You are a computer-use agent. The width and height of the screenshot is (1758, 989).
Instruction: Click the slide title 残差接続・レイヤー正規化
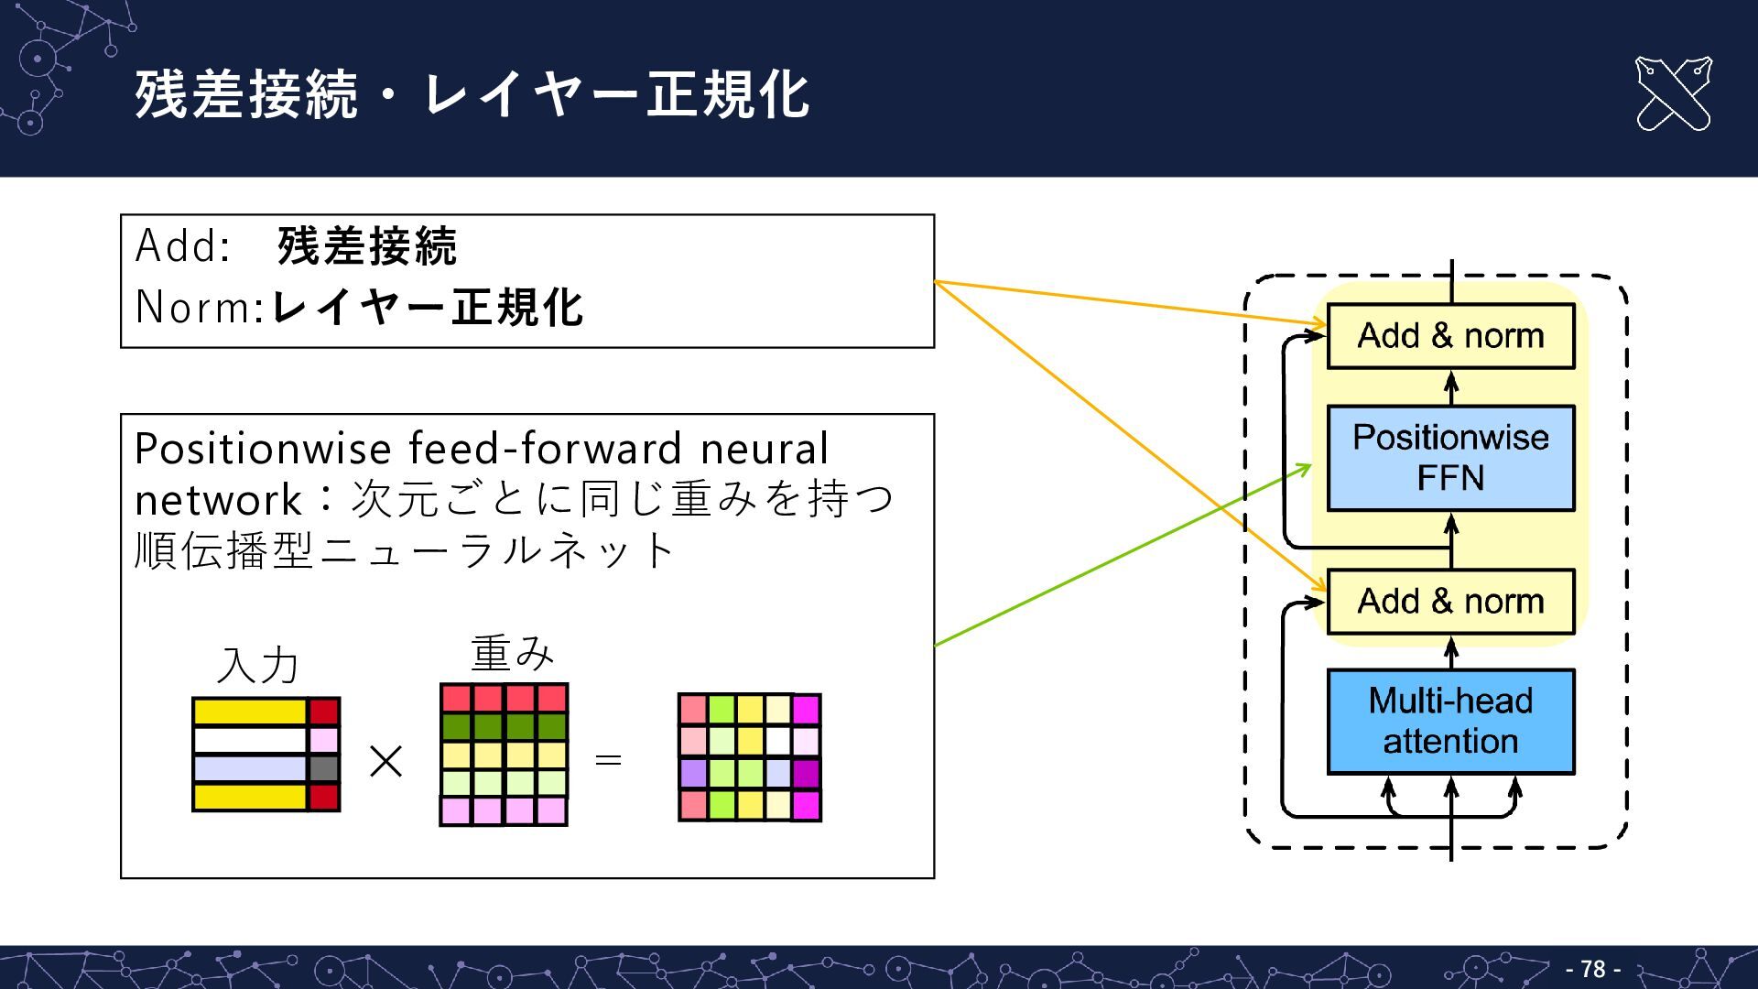[472, 93]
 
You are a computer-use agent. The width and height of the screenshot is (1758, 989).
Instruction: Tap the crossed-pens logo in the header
[1673, 93]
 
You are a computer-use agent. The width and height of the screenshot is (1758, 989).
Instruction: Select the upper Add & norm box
[1450, 336]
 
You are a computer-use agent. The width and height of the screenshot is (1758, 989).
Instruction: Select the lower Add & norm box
[1450, 602]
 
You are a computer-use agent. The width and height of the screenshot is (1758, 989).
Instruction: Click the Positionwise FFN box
[1450, 458]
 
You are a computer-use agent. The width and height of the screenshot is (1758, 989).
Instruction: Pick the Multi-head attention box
[1450, 722]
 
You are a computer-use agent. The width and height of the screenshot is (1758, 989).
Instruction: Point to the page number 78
[1593, 969]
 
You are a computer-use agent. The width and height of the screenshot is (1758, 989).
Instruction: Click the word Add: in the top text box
[183, 245]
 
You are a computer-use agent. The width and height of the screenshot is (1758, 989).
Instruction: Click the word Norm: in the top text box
[200, 307]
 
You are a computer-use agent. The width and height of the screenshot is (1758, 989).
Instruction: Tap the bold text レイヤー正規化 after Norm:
[428, 307]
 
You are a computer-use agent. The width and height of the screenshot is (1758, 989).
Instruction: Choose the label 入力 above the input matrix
[258, 665]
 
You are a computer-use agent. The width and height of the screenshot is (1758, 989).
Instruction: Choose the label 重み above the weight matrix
[513, 653]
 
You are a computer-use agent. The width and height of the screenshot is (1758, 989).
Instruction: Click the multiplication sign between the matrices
[385, 761]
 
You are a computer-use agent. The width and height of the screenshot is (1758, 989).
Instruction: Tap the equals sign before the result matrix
[608, 760]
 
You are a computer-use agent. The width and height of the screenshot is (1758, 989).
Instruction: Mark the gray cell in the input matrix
[324, 768]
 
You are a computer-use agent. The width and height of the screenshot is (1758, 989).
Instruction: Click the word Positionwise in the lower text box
[264, 449]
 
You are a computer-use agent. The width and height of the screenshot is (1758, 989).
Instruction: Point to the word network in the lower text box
[218, 500]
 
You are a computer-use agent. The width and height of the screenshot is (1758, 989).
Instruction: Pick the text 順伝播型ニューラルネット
[405, 551]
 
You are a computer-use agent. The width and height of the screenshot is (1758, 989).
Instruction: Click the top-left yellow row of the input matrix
[250, 712]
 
